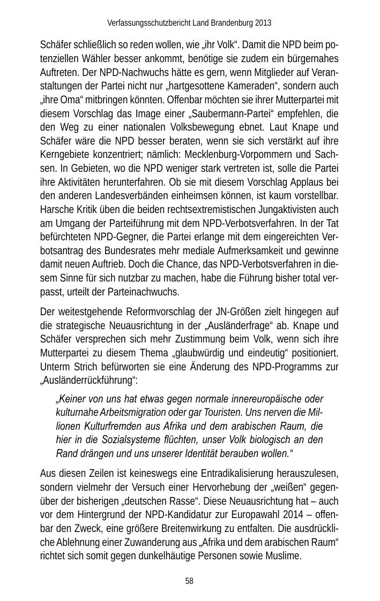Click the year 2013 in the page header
[x=263, y=23]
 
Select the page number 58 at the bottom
[x=189, y=581]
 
